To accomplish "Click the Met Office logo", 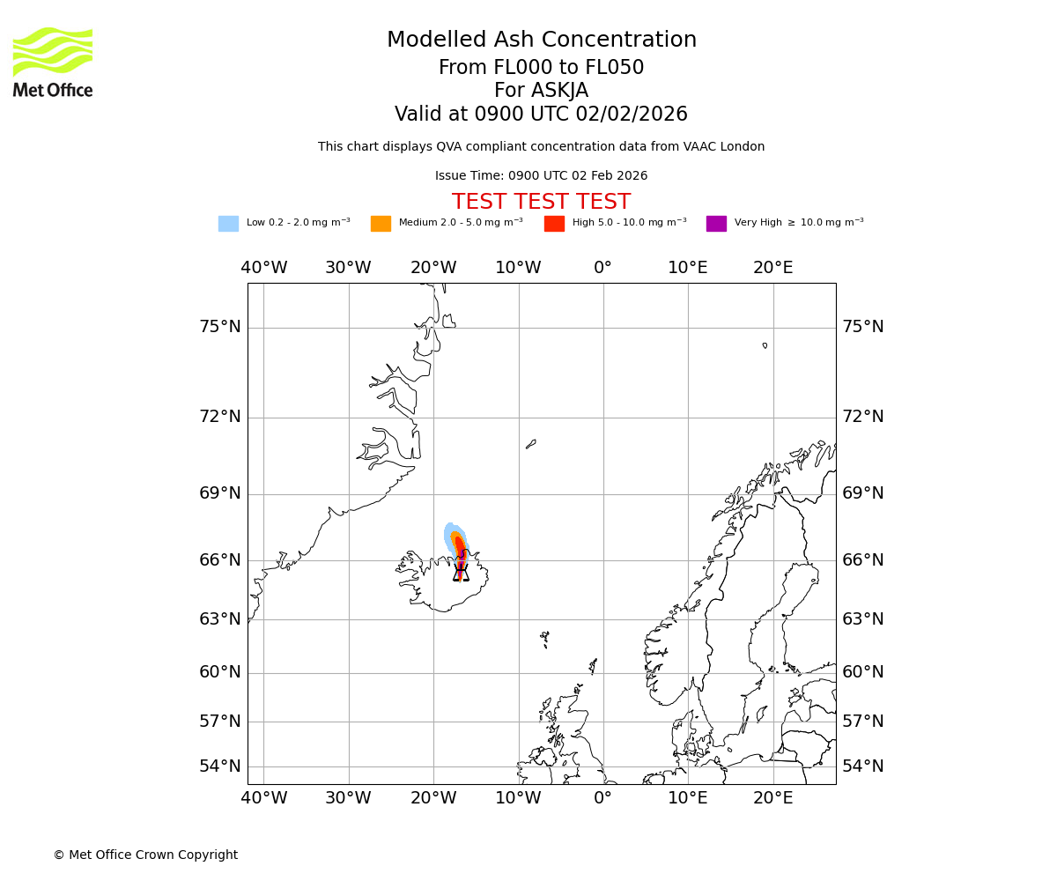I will [x=53, y=62].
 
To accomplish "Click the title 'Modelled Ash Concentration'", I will [x=542, y=41].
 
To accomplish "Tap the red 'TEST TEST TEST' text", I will [x=541, y=203].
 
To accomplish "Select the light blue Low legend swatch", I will [x=228, y=224].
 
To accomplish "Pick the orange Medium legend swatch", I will [x=381, y=224].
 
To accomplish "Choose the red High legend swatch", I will [x=554, y=224].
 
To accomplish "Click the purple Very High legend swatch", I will [x=716, y=224].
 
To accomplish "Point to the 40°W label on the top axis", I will [x=264, y=268].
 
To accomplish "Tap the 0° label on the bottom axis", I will [x=602, y=798].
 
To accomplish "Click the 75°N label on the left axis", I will [x=220, y=327].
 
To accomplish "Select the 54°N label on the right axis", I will [x=863, y=766].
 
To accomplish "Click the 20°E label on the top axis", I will [x=772, y=268].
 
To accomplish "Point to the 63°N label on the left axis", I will [x=220, y=619].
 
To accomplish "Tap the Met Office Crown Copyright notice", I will [x=145, y=855].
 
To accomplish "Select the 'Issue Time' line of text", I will [x=541, y=176].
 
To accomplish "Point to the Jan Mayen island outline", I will [x=530, y=444].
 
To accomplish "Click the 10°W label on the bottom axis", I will [x=518, y=798].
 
